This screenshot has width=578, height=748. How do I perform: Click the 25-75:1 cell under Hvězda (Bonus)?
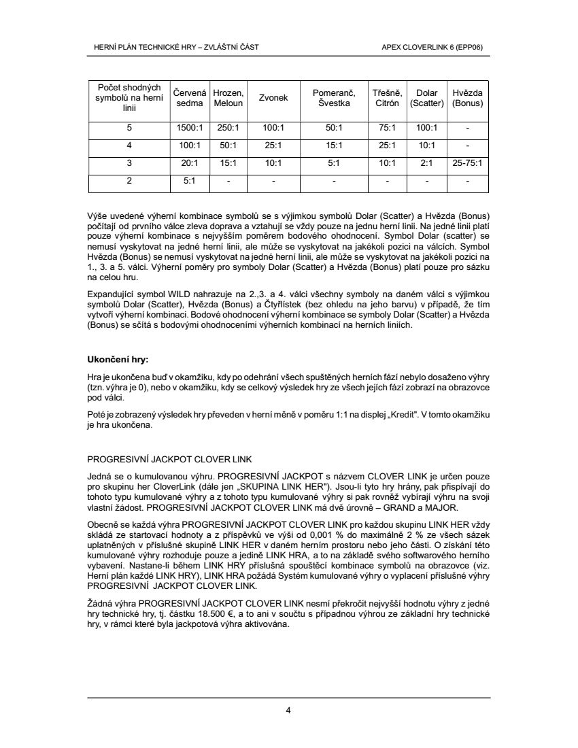[x=467, y=163]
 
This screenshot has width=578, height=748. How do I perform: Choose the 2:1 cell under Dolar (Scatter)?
[x=426, y=163]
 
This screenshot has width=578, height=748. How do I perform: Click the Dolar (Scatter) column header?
[x=426, y=98]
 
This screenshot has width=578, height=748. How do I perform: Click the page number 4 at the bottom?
[x=288, y=711]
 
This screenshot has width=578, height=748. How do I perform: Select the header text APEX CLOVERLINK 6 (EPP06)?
[x=437, y=47]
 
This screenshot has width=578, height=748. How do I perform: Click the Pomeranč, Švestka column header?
[x=333, y=98]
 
